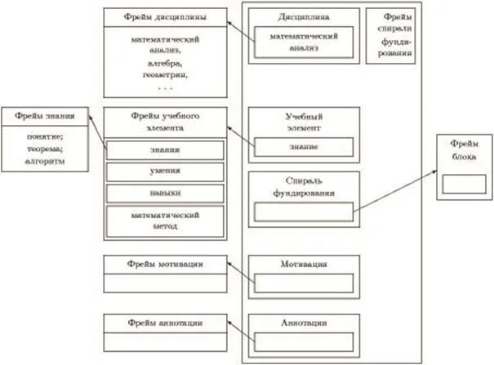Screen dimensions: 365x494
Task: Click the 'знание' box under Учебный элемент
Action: [303, 147]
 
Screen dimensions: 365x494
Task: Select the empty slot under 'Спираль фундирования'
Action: [303, 211]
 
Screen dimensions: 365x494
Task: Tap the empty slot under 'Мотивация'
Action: [303, 283]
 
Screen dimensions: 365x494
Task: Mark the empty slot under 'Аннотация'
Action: [303, 341]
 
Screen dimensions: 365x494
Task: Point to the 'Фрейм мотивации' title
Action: [165, 264]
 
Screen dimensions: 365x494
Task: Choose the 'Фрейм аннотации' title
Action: [165, 323]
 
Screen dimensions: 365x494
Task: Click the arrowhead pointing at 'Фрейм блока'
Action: [434, 169]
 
